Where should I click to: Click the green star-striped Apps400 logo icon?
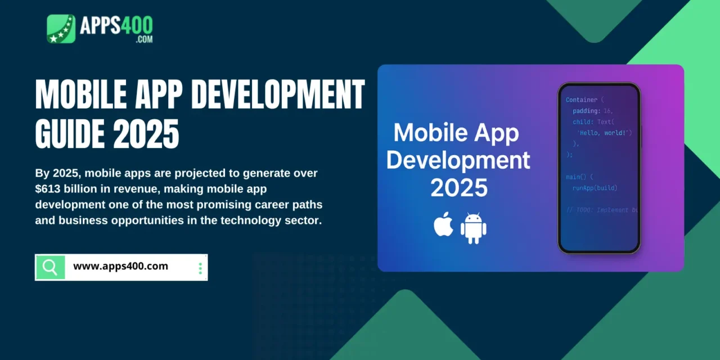[x=61, y=29]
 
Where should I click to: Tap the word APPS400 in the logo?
[x=115, y=26]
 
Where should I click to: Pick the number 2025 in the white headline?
[x=146, y=134]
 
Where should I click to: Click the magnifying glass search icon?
[x=50, y=267]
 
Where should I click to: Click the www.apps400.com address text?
[x=120, y=266]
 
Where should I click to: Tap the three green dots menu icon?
[x=200, y=268]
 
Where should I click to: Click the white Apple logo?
[x=443, y=224]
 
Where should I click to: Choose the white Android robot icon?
[x=473, y=228]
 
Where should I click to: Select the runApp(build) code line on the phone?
[x=595, y=188]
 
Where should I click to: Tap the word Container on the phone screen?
[x=582, y=100]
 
